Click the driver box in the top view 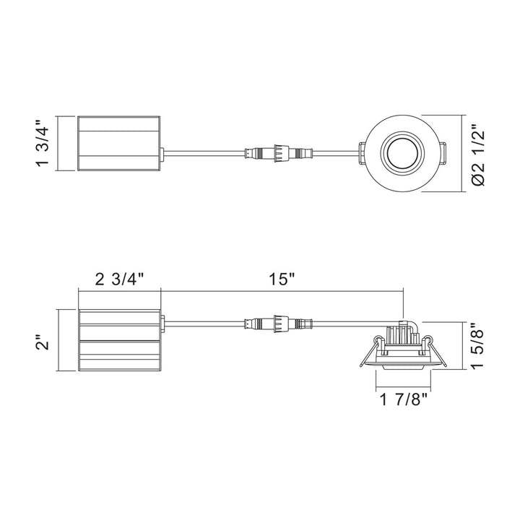coord(119,143)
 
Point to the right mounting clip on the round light coord(442,153)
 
